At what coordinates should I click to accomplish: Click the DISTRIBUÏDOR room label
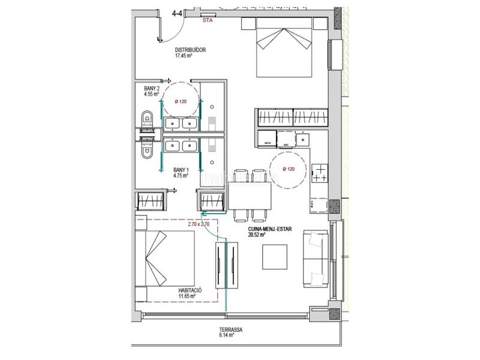(190, 50)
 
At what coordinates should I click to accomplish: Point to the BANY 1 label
(181, 170)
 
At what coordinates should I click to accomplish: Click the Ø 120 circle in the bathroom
(180, 101)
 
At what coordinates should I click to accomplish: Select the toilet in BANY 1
(146, 150)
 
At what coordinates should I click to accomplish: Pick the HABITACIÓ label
(190, 290)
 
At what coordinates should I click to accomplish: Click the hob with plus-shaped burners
(320, 173)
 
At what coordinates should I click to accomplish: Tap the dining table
(250, 195)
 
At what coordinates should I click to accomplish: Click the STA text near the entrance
(208, 20)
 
